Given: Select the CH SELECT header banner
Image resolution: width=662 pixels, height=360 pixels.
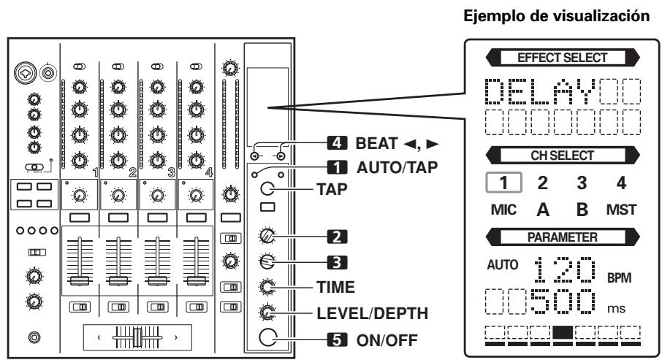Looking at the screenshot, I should coord(552,156).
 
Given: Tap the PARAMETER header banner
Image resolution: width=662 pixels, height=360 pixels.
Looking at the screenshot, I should coord(552,237).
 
